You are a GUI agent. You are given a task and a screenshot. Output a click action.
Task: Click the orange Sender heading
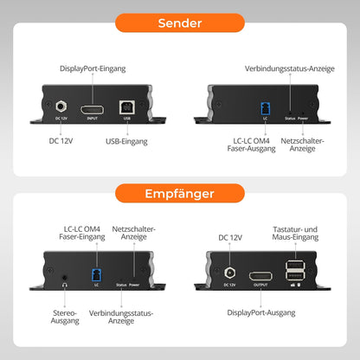pyautogui.click(x=179, y=23)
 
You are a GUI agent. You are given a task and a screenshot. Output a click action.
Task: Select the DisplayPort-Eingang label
pyautogui.click(x=93, y=68)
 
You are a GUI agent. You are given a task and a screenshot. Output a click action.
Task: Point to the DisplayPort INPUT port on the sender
pyautogui.click(x=92, y=109)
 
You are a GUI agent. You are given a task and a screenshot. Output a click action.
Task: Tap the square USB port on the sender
pyautogui.click(x=126, y=109)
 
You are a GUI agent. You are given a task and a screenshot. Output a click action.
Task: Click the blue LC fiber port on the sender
pyautogui.click(x=263, y=110)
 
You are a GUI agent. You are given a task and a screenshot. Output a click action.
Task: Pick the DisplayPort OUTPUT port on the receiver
pyautogui.click(x=260, y=278)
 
